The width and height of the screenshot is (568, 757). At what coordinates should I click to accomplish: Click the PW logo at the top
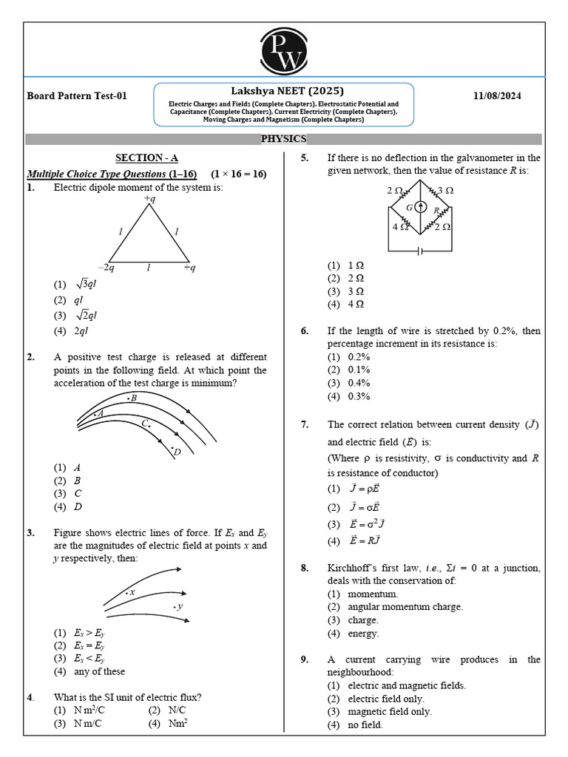pos(284,50)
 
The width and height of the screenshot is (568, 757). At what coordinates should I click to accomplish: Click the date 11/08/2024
pos(508,96)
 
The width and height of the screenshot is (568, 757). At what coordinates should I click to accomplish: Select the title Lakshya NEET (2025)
pos(283,90)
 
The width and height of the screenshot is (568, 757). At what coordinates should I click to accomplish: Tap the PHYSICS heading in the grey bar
pos(283,139)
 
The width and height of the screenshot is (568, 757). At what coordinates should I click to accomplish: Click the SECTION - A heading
pos(146,157)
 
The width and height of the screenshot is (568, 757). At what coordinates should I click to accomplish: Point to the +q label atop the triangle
pos(150,199)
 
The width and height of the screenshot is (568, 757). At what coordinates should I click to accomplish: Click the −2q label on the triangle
pos(106,268)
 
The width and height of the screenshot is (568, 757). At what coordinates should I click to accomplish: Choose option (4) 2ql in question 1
pos(81,331)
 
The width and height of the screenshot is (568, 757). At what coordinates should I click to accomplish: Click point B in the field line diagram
pos(132,398)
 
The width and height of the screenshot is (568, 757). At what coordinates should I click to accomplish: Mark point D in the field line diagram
pos(175,451)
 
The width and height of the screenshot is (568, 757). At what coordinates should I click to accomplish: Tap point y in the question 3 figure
pos(178,606)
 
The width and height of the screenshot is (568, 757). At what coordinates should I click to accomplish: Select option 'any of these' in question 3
pos(99,671)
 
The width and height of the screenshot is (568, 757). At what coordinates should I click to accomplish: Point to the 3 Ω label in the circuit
pos(445,191)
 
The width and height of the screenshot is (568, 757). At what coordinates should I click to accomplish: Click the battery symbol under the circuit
pos(420,251)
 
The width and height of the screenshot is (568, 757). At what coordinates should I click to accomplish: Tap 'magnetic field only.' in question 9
pos(389,711)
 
